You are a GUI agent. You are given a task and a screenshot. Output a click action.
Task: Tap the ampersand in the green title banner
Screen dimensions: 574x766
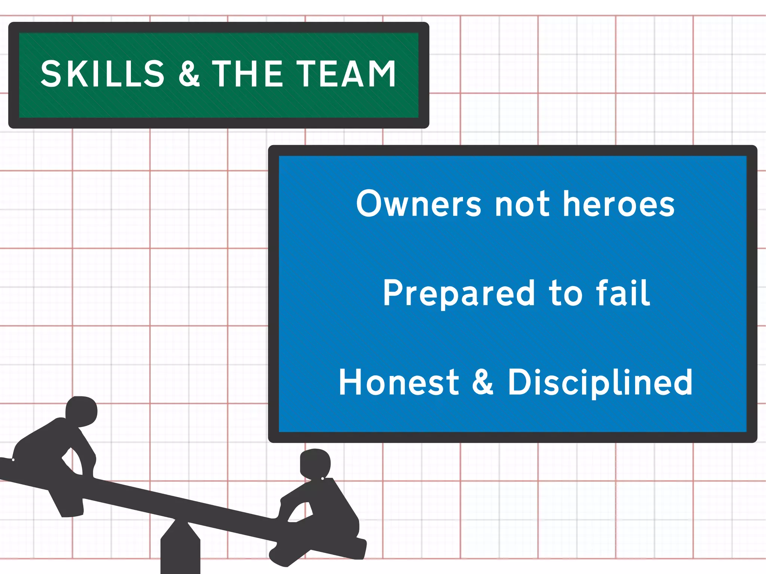pos(189,74)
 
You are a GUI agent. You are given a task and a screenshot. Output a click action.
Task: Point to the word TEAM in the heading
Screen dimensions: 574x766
pos(346,74)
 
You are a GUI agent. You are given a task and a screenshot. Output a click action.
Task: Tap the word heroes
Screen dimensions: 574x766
pos(619,204)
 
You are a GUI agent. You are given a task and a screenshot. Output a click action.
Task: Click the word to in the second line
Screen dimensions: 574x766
pos(566,294)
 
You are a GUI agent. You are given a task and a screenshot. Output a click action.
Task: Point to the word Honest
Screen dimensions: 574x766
pos(399,382)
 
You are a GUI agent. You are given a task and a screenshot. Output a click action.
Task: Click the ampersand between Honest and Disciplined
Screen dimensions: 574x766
pos(483,382)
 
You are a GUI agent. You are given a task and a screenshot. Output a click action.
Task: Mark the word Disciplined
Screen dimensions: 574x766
pos(600,383)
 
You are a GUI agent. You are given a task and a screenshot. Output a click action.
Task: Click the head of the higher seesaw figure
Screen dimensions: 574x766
pos(82,411)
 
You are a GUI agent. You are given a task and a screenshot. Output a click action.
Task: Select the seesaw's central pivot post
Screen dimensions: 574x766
pos(180,550)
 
